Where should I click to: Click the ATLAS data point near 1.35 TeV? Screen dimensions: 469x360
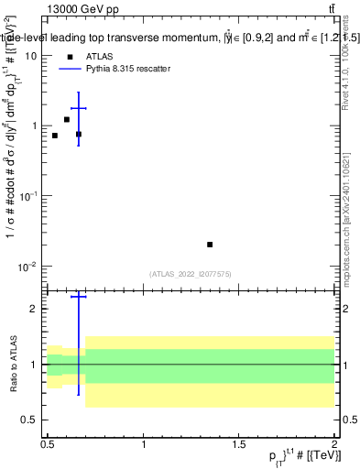pos(210,245)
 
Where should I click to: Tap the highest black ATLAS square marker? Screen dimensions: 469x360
pos(67,119)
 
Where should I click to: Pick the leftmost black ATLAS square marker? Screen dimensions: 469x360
pos(55,136)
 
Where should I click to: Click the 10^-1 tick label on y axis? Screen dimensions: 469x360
pos(27,196)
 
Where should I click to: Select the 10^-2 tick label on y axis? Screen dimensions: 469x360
pos(27,267)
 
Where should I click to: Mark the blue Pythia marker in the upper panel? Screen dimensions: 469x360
pos(79,108)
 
